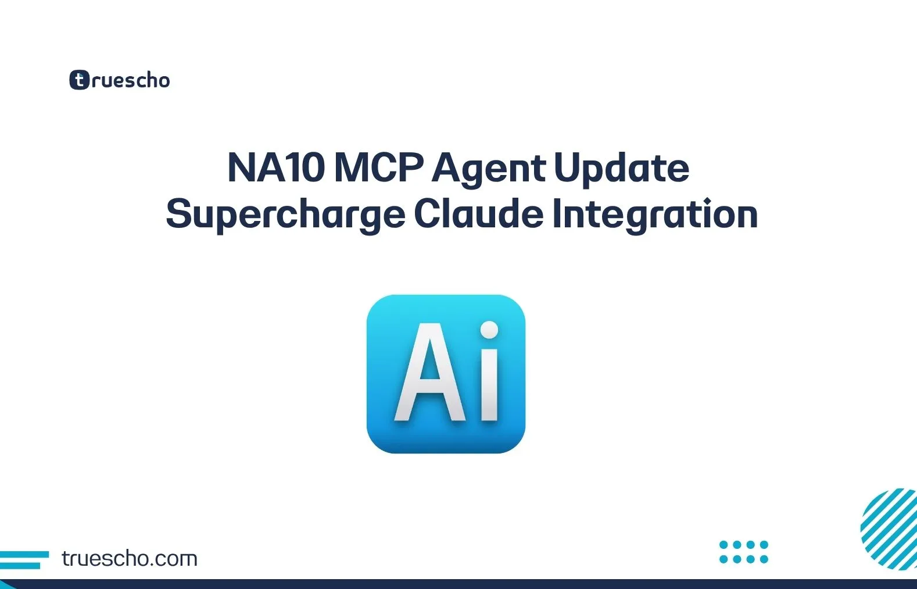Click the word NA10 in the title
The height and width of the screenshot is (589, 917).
point(275,168)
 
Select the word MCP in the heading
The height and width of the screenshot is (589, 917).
point(378,168)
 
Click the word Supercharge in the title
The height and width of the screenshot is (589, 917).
point(285,215)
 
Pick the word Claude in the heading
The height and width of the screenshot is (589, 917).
point(478,213)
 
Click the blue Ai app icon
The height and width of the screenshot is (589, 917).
point(446,374)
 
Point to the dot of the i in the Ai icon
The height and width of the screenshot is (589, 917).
point(490,330)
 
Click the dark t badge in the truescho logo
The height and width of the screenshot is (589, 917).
point(79,80)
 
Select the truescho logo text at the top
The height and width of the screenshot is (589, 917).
point(130,80)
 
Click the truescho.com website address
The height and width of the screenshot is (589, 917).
point(129,558)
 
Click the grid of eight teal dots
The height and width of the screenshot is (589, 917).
point(743,552)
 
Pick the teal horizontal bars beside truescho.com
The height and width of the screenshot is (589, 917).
point(23,559)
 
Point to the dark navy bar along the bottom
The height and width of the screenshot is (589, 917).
point(458,584)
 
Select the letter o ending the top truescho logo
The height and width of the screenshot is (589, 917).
point(163,81)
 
